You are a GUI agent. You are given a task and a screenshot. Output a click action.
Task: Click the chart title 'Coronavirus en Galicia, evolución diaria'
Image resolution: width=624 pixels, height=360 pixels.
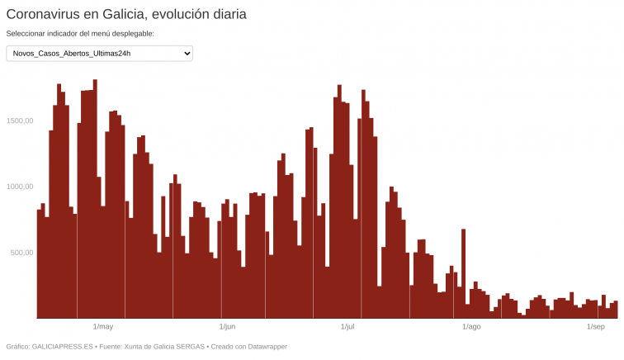pos(126,14)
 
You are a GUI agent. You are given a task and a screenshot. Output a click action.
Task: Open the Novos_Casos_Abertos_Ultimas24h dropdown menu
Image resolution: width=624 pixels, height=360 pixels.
pos(99,54)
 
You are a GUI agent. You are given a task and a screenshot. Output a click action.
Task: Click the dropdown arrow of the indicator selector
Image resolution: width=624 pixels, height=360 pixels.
pos(187,54)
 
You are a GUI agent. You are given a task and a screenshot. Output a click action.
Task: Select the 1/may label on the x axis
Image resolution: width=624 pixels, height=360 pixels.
pos(103,327)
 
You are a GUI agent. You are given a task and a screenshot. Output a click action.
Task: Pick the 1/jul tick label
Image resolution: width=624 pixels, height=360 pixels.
pos(347,327)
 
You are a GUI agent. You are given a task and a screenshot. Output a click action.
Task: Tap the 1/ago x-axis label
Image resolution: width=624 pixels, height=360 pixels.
pos(471,327)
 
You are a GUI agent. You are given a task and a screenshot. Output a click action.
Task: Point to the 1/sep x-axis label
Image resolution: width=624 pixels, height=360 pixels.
pos(596,327)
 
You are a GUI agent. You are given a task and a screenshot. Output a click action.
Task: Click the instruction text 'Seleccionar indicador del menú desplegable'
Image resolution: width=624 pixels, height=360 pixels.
pos(80,34)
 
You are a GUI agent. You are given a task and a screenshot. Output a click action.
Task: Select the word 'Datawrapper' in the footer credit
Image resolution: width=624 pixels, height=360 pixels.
pos(263,347)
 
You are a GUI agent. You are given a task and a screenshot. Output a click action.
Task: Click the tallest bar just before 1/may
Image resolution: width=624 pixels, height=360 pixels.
pos(96,198)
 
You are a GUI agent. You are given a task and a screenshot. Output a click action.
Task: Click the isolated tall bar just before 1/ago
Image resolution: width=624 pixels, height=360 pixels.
pos(464,272)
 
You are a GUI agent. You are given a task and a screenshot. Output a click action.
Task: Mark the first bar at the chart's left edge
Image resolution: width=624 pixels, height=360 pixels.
pos(39,264)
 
